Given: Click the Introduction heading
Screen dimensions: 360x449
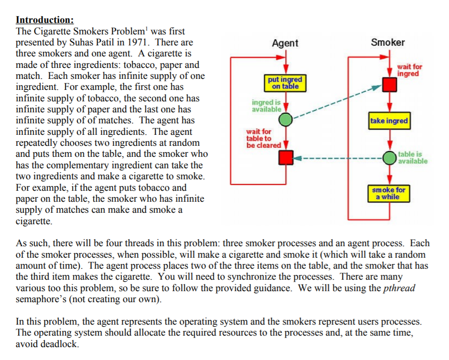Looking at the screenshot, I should [x=44, y=20].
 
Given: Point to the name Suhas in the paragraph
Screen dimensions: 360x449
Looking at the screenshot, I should [x=82, y=43].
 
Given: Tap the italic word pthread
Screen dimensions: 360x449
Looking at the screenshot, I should [x=399, y=288].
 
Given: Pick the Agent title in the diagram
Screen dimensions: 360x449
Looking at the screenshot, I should [x=285, y=43].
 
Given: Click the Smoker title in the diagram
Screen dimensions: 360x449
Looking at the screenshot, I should [x=387, y=42].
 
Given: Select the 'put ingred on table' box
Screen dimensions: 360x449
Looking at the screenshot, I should [x=285, y=83].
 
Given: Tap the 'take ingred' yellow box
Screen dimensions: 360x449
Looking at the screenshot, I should [x=389, y=120].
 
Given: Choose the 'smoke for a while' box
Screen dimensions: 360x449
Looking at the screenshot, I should [x=389, y=193].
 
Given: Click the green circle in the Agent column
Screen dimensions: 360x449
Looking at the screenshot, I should [x=286, y=120].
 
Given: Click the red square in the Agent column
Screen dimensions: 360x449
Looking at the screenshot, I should [x=286, y=157].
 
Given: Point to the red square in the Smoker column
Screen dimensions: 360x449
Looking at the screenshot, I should [x=390, y=85].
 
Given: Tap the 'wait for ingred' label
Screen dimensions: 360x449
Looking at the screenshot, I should [x=409, y=70].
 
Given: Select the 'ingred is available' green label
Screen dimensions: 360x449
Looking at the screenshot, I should [x=266, y=106].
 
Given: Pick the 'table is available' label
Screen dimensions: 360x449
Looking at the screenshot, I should [x=413, y=157].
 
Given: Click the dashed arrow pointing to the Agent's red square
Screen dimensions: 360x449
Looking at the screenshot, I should [x=339, y=157].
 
